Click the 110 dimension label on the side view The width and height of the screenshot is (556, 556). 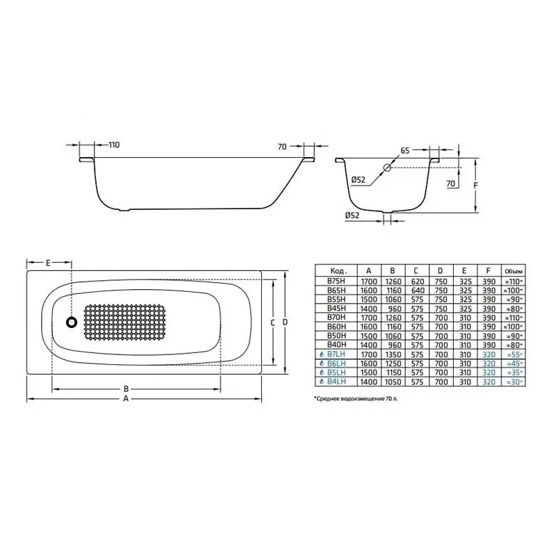114,145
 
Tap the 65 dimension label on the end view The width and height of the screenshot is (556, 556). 404,149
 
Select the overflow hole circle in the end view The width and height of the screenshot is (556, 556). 388,167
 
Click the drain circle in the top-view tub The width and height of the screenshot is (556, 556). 71,322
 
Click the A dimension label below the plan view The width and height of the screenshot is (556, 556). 125,400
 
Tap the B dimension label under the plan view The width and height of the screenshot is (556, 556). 125,389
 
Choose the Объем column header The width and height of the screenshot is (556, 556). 512,271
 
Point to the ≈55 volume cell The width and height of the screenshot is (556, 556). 512,353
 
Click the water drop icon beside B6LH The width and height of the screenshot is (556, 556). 320,362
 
